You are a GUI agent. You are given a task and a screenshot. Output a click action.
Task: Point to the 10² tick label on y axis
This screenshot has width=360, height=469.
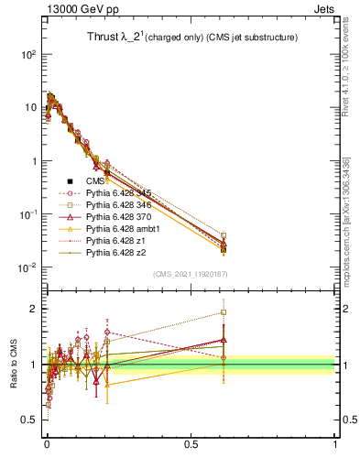pyautogui.click(x=27, y=54)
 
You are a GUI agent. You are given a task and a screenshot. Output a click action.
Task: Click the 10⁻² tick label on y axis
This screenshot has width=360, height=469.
pyautogui.click(x=27, y=267)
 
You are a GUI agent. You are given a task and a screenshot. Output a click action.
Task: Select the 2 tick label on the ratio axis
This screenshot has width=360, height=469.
pyautogui.click(x=31, y=309)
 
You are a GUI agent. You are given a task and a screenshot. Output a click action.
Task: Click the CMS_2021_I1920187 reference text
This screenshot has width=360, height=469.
pyautogui.click(x=191, y=274)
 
